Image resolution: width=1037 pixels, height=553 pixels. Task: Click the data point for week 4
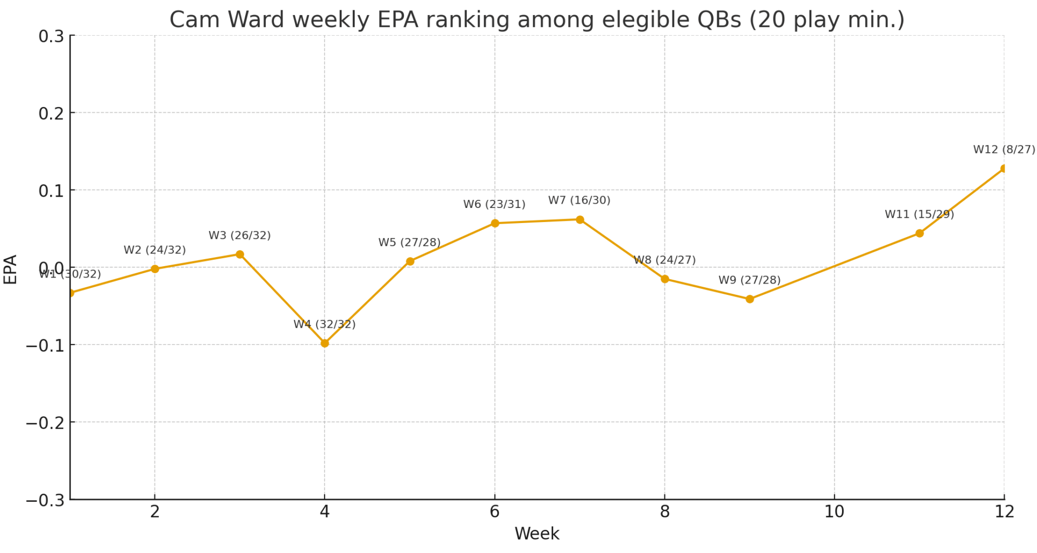325,343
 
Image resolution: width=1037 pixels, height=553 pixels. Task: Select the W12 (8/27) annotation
1004,150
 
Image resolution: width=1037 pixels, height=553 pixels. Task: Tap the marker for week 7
580,220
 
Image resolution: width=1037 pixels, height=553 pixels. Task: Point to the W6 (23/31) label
494,205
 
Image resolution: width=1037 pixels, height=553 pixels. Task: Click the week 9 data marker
750,299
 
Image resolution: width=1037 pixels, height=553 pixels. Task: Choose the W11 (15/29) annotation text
919,214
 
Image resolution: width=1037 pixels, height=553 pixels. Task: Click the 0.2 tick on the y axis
51,113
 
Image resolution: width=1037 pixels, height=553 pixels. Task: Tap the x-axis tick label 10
834,512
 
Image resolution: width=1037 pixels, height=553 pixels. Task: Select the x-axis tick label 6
494,512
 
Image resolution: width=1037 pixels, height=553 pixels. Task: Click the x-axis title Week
536,534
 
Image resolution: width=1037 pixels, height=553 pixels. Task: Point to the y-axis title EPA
10,269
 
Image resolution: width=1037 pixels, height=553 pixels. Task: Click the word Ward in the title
256,20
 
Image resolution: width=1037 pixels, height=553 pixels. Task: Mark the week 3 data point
240,254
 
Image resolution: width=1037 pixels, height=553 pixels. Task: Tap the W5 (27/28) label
409,242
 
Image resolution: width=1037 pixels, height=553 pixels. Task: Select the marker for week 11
919,233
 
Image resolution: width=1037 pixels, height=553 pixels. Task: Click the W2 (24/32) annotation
154,250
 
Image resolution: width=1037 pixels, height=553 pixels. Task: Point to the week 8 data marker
665,279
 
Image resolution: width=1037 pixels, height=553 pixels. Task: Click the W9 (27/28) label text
749,280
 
